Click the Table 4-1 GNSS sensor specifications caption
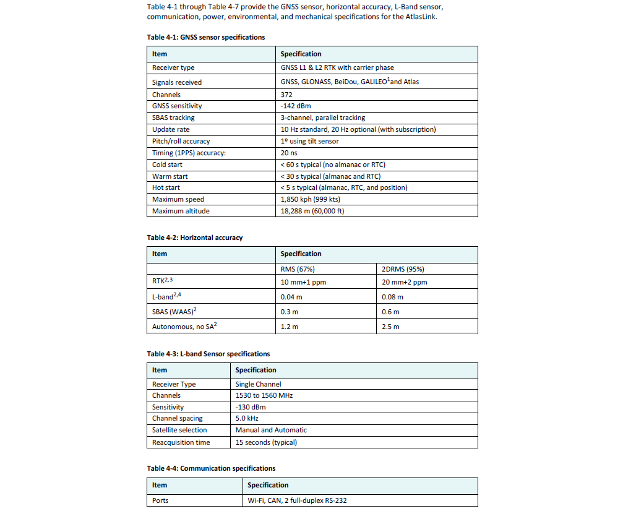(205, 37)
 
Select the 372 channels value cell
(287, 95)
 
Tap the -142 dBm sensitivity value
(295, 106)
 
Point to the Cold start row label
(167, 165)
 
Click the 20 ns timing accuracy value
(289, 153)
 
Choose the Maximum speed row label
(178, 199)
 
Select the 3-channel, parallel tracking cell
(322, 118)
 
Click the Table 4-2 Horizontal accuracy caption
(194, 238)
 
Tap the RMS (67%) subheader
(298, 269)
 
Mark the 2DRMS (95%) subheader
(403, 269)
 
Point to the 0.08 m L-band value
(393, 297)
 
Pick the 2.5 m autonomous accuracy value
(390, 327)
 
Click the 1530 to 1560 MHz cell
(264, 395)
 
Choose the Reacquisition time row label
(181, 442)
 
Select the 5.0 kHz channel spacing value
(247, 418)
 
